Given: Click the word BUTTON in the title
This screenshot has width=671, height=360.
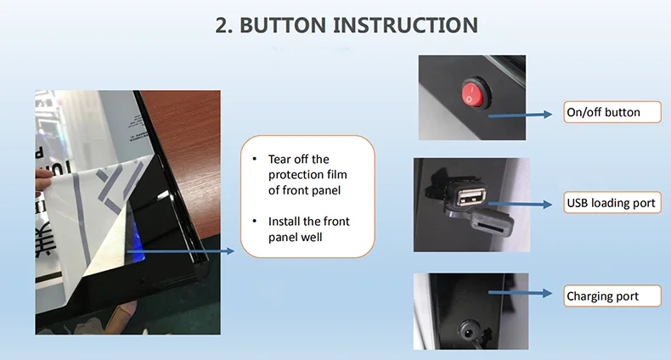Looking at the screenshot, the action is click(x=283, y=25).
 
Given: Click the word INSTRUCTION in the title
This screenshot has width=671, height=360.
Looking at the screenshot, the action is click(x=406, y=25).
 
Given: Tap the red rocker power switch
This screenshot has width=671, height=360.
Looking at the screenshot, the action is click(x=474, y=93).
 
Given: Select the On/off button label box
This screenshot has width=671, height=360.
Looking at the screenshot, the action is click(x=612, y=112).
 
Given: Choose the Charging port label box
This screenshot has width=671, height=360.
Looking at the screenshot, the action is click(x=612, y=295).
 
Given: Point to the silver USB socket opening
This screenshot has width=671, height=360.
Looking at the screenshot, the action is click(x=471, y=197).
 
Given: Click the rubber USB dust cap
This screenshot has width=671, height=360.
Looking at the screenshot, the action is click(x=492, y=222).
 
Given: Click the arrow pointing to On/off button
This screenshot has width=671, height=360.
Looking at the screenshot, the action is click(x=520, y=115).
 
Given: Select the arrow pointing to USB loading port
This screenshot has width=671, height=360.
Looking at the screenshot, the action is click(x=520, y=205).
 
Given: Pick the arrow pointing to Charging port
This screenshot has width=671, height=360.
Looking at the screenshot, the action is click(x=520, y=293).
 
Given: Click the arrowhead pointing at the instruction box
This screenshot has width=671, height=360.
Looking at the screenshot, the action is click(x=231, y=251).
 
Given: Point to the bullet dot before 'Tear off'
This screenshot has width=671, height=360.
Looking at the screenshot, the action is click(x=255, y=159).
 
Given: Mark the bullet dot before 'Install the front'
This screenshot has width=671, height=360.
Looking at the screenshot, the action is click(x=255, y=221).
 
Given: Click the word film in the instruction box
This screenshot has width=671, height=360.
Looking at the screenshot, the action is click(x=337, y=174).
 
